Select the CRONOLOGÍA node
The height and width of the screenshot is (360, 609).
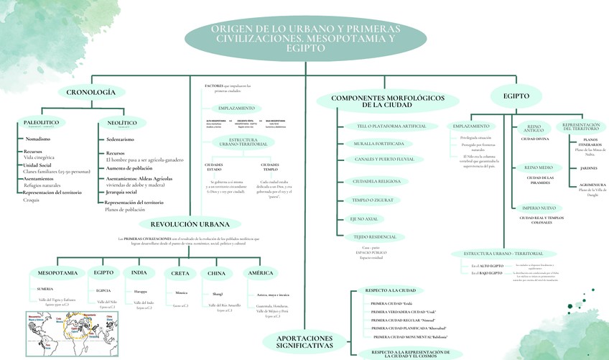pyautogui.click(x=91, y=92)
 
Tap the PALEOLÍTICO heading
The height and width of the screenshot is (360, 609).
pyautogui.click(x=41, y=123)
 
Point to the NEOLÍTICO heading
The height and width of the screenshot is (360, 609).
pyautogui.click(x=117, y=123)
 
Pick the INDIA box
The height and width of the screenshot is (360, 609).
pyautogui.click(x=139, y=273)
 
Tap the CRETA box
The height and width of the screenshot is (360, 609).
pyautogui.click(x=180, y=274)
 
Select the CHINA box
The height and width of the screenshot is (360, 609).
pyautogui.click(x=216, y=274)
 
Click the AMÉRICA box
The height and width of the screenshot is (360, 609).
pyautogui.click(x=260, y=273)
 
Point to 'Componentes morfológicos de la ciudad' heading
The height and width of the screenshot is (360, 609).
pyautogui.click(x=386, y=101)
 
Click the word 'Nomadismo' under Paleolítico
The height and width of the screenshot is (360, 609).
pyautogui.click(x=37, y=139)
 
